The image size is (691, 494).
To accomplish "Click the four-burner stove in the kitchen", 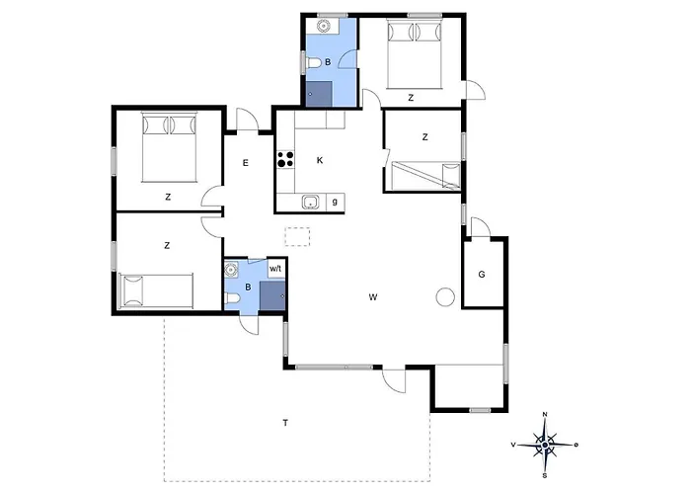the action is (285, 159).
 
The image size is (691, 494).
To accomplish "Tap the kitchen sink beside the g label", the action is (311, 203).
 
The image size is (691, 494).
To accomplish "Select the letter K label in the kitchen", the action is (320, 160).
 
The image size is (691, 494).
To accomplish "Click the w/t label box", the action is (275, 268).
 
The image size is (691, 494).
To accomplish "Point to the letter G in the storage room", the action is (482, 275).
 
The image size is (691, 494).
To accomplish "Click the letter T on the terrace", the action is (285, 423).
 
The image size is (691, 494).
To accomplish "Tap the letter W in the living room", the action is (373, 297).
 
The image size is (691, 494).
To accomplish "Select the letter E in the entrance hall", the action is (246, 163).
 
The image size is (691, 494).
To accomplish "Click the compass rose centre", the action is (545, 445).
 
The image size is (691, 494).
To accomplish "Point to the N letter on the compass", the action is (545, 414).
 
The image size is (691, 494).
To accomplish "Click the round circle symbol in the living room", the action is (445, 296).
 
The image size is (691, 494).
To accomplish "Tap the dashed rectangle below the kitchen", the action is (297, 236).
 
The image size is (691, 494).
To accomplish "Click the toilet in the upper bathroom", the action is (313, 62).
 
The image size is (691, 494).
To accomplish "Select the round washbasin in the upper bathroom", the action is (324, 26).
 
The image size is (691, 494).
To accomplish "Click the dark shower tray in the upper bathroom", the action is (319, 94).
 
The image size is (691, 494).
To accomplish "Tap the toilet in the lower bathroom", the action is (232, 300).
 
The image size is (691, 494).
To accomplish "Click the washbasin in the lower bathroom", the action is (231, 269).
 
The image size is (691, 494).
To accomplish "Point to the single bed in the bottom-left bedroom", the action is (156, 290).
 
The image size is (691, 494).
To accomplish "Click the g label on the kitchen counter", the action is (335, 202).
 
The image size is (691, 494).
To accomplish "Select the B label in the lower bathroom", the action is (248, 288).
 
